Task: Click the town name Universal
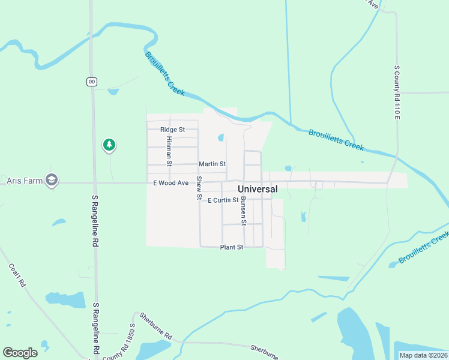258,189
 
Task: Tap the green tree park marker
109,144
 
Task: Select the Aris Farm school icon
52,179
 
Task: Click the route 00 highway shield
91,82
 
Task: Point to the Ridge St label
172,130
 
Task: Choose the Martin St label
212,164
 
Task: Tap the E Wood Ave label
171,182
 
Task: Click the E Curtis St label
223,200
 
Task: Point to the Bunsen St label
243,211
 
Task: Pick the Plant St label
231,247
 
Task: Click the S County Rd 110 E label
397,92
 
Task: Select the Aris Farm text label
22,180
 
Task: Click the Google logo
20,352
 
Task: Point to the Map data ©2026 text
423,355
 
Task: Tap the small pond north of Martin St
221,137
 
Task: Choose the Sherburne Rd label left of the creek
156,326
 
